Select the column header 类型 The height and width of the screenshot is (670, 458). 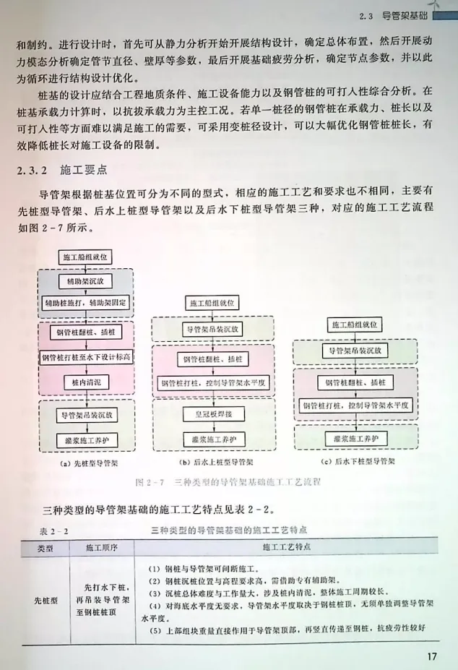click(x=46, y=547)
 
